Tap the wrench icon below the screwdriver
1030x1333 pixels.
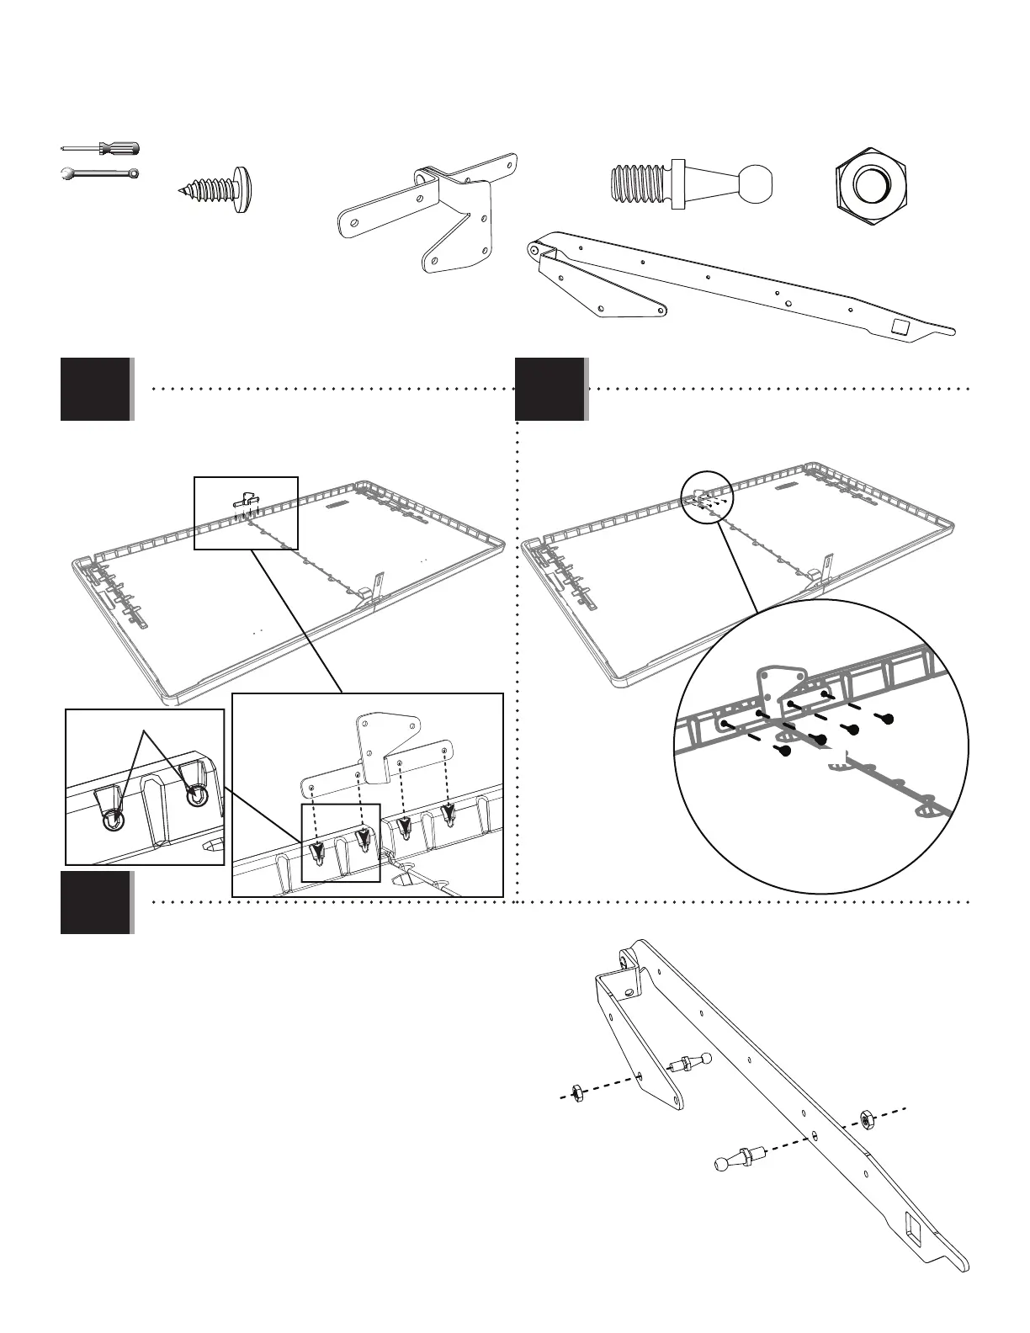click(99, 174)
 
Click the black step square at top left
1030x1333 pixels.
click(95, 389)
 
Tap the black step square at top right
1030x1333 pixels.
click(550, 389)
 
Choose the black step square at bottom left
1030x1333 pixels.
click(95, 902)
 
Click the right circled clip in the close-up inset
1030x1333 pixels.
click(197, 794)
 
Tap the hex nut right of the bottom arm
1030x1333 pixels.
click(866, 1118)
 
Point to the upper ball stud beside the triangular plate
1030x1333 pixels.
click(693, 1062)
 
